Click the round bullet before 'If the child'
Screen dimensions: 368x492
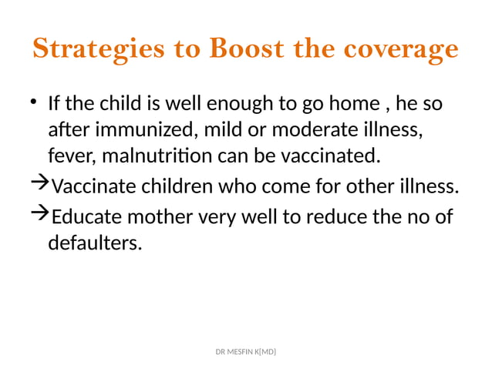coord(35,102)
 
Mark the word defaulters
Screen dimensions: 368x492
coord(95,244)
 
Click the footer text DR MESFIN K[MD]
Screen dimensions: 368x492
coord(245,352)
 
